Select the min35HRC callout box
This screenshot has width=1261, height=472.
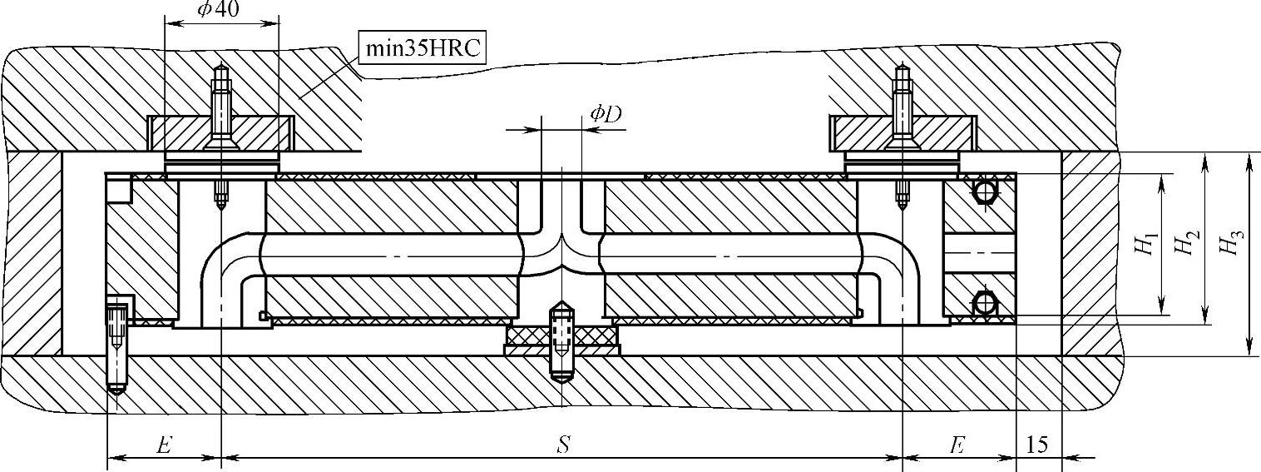(x=422, y=48)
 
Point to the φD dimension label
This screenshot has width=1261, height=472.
(x=606, y=115)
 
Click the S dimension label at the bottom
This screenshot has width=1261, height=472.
(x=562, y=445)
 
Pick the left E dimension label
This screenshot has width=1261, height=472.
(x=164, y=445)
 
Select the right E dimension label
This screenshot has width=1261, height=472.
(x=957, y=445)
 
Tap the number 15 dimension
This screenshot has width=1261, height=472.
(x=1037, y=445)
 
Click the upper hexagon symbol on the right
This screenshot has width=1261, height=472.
(x=985, y=191)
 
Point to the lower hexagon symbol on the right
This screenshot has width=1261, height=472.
(x=985, y=303)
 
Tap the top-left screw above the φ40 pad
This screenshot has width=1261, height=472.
(x=221, y=108)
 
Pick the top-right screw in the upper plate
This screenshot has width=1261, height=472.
(x=902, y=108)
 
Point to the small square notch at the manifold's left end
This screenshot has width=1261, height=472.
(x=120, y=191)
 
